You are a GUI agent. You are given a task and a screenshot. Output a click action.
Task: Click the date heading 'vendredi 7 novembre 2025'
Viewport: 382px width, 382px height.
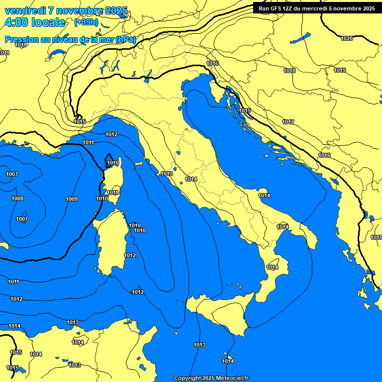66,10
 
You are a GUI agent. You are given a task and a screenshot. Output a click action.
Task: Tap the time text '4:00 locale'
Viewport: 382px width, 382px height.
34,22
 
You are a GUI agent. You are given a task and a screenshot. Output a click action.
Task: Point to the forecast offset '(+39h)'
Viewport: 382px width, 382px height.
86,22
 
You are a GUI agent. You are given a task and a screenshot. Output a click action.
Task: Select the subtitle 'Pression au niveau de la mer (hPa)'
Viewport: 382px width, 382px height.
70,39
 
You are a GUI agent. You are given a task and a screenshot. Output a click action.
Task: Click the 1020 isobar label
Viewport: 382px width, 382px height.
347,38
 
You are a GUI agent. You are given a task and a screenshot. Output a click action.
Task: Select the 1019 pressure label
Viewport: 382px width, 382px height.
340,70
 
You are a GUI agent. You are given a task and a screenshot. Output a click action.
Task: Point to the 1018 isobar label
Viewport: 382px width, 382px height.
289,71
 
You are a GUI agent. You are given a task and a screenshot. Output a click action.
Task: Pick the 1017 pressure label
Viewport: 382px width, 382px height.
288,122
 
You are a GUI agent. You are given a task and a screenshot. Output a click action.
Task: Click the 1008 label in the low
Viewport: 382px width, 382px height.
17,198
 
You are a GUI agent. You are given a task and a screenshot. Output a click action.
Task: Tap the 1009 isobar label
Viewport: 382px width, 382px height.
72,199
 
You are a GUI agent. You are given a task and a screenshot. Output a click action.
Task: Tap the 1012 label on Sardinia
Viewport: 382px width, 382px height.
130,255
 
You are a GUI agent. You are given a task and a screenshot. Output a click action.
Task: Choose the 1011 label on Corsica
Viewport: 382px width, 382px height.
113,192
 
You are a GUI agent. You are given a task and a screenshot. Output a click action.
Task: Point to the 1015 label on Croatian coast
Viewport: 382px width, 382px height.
245,110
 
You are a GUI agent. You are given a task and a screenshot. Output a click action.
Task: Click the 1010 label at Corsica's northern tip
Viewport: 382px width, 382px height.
113,163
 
